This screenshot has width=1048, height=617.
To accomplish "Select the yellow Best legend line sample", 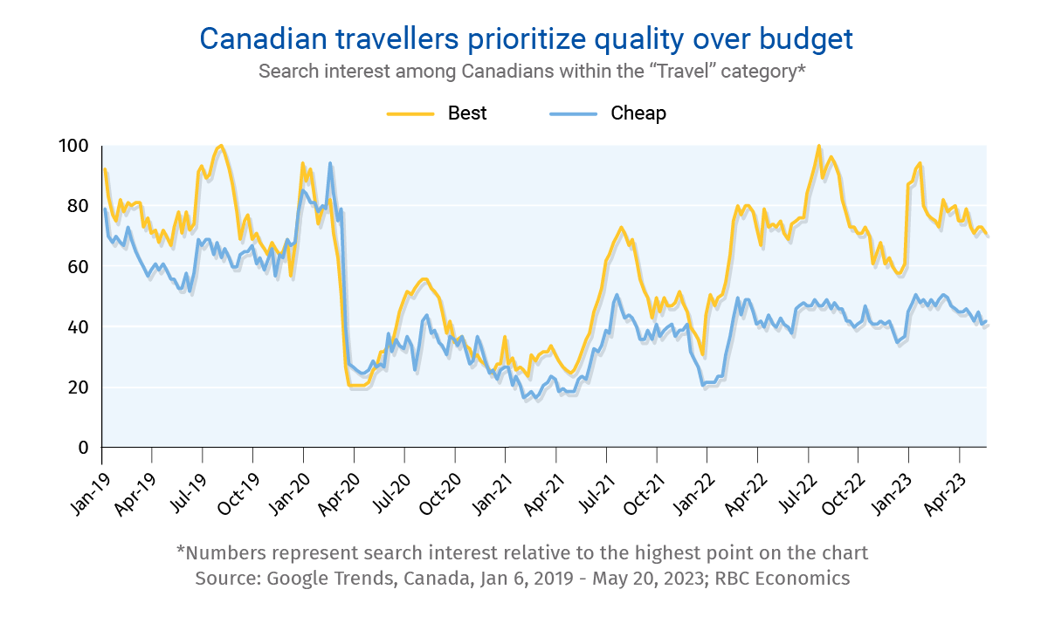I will tap(410, 113).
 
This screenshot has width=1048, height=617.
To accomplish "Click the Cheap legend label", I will tap(638, 113).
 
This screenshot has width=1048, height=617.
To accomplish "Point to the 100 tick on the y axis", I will tap(77, 146).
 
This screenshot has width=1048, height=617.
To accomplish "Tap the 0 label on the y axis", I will tap(85, 448).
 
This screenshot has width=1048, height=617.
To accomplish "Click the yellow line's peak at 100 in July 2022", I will tap(818, 146).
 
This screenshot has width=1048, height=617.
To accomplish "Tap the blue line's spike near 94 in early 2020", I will tap(330, 163).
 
